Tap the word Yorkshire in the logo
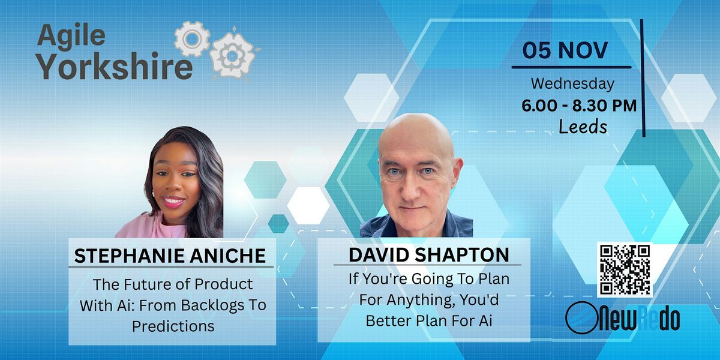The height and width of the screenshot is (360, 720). (x=115, y=66)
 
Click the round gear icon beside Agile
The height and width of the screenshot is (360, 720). (x=192, y=39)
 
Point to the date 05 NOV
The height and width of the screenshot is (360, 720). (x=565, y=50)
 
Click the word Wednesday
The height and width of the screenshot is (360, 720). (x=572, y=83)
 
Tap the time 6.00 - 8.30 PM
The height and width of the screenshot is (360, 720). (x=579, y=106)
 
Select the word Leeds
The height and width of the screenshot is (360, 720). (x=583, y=127)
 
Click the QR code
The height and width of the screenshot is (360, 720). (x=625, y=269)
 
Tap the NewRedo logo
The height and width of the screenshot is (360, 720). (x=622, y=318)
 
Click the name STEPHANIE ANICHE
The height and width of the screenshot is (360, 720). (x=170, y=256)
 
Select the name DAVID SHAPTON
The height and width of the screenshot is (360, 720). (x=429, y=254)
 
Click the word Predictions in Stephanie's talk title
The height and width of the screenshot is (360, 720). (x=173, y=326)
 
